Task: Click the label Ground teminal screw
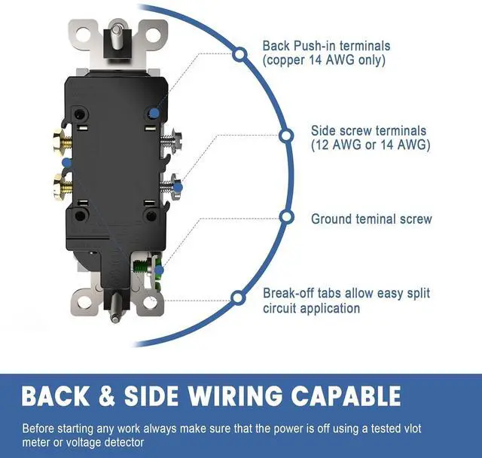(x=371, y=219)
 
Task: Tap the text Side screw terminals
(x=368, y=131)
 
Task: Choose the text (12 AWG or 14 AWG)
(x=371, y=145)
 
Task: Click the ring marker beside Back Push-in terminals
(x=239, y=53)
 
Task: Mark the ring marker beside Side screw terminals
(x=285, y=136)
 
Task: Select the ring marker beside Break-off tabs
(x=237, y=298)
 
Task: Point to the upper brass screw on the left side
(x=59, y=139)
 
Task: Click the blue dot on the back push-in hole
(x=154, y=112)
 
